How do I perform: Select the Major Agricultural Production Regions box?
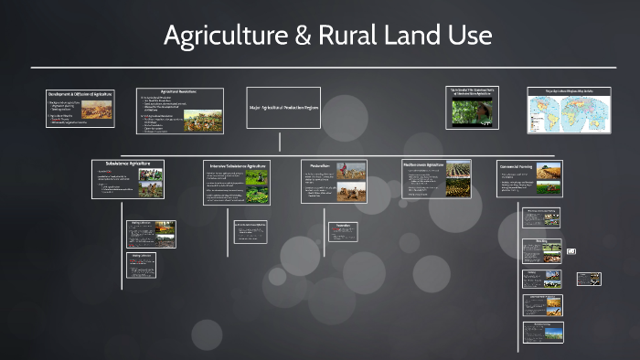(x=283, y=108)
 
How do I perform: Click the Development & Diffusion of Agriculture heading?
(x=80, y=94)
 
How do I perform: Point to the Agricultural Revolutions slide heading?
(x=180, y=91)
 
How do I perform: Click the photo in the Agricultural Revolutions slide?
(x=204, y=120)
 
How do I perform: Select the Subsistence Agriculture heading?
(x=128, y=164)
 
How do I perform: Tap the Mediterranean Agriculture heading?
(x=422, y=164)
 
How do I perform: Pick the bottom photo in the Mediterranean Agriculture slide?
(x=458, y=188)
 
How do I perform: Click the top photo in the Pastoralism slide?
(x=351, y=170)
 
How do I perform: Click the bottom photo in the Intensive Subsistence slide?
(x=257, y=193)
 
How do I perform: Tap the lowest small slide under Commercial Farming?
(x=542, y=333)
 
